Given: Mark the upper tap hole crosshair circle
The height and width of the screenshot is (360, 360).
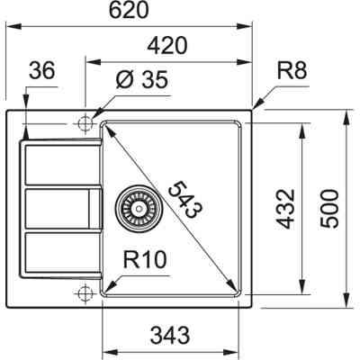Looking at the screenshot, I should pos(86,121).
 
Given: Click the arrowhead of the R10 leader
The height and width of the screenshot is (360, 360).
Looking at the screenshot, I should pos(107,288).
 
